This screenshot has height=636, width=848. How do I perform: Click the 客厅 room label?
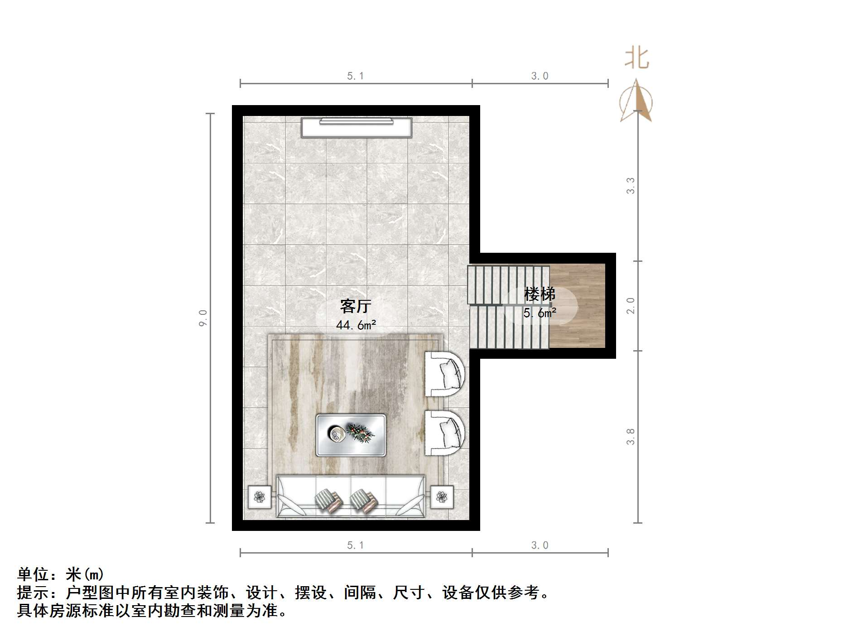tap(356, 307)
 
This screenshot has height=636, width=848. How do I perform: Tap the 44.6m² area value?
tap(356, 325)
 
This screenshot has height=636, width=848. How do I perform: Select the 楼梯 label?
tap(540, 294)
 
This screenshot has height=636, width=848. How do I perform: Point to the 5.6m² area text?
tap(540, 313)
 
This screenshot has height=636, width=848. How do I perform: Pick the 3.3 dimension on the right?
tap(631, 186)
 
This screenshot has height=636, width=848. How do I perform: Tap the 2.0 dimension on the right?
tap(631, 306)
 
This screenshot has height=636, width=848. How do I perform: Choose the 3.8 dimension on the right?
tap(631, 437)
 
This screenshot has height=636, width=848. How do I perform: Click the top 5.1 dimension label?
tap(356, 76)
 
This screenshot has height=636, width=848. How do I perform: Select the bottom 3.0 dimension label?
tap(540, 545)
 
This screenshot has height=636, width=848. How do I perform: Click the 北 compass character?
tap(637, 59)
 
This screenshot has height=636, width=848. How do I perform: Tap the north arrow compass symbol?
tap(636, 102)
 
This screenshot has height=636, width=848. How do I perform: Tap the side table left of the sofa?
tap(260, 497)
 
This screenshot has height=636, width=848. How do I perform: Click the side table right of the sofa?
tap(442, 497)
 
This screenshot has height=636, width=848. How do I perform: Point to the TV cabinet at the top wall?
tap(357, 127)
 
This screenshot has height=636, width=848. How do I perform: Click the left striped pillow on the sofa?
tap(328, 501)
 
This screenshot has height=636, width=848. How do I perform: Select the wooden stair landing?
tap(578, 306)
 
